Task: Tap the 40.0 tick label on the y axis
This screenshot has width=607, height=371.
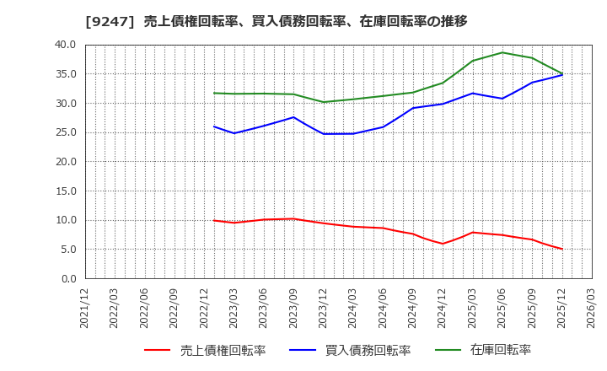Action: [x=65, y=45]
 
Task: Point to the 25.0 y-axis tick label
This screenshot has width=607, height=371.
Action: [x=65, y=132]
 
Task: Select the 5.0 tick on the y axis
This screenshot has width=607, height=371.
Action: [x=67, y=250]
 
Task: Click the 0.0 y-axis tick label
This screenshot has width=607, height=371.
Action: [x=67, y=278]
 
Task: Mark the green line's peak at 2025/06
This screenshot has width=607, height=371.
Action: [x=502, y=52]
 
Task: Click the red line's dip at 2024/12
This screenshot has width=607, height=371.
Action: [x=443, y=244]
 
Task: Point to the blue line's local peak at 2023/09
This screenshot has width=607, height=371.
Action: [x=294, y=117]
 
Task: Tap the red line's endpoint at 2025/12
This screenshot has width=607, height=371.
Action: [x=561, y=249]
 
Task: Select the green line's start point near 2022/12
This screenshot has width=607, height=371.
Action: [x=214, y=93]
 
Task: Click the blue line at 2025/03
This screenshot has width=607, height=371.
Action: [x=472, y=93]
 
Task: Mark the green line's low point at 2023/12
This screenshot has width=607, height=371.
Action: [x=324, y=102]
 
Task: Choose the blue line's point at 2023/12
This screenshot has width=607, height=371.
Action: [x=324, y=133]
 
